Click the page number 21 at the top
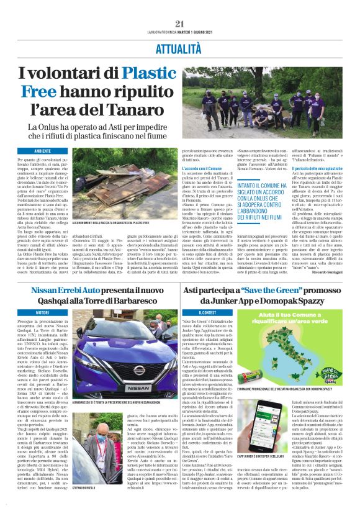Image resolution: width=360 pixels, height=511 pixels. click(180, 24)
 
